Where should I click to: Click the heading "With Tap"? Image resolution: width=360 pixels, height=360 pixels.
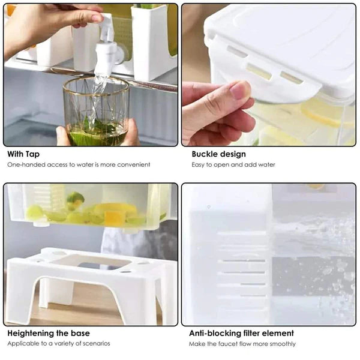tap(24, 154)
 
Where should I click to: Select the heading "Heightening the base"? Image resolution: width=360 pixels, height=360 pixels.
tap(49, 333)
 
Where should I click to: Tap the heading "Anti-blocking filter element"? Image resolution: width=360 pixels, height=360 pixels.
tap(241, 333)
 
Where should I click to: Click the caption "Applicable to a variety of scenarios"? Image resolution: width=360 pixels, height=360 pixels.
tap(59, 344)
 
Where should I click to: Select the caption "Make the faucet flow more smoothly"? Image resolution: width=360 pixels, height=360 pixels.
tap(242, 344)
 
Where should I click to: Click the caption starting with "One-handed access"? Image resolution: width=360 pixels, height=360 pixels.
tap(79, 164)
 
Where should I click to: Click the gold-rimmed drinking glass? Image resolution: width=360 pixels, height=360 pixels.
tap(96, 111)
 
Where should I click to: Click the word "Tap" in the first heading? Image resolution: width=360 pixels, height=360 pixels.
tap(33, 154)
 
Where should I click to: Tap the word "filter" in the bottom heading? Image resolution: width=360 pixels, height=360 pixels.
tap(248, 333)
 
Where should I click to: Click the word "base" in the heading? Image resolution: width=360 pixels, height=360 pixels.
tap(79, 333)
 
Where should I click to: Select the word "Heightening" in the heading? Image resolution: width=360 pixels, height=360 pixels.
tap(30, 333)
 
